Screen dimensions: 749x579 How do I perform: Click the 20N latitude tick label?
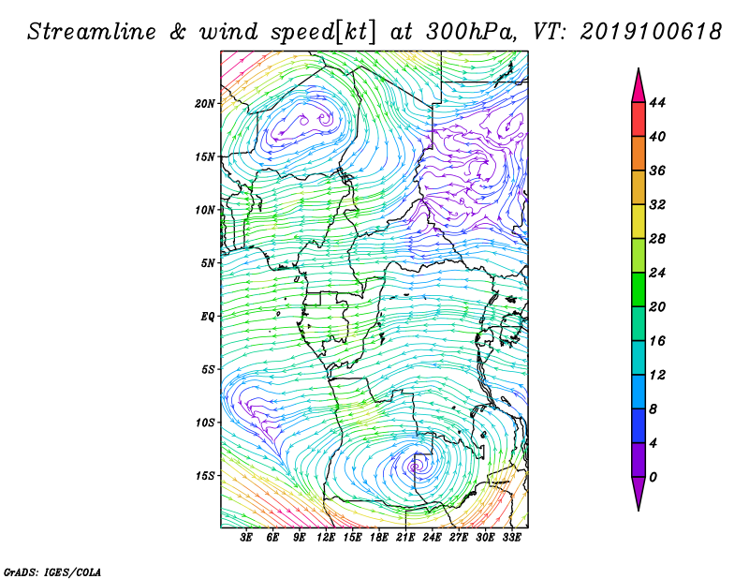pos(204,104)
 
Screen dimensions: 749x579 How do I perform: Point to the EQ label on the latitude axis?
pos(208,317)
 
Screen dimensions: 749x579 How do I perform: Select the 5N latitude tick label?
pos(208,263)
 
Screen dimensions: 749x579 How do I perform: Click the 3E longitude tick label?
pos(246,537)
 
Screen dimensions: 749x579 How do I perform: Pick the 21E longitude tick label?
pos(405,537)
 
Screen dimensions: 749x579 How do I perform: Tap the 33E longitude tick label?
pos(511,537)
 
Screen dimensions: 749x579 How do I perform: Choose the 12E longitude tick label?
pos(325,537)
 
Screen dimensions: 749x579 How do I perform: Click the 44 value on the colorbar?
pos(657,102)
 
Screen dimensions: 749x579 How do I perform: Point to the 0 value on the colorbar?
pos(654,477)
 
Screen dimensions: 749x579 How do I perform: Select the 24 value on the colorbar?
pos(657,273)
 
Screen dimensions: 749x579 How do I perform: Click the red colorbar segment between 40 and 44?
pos(639,120)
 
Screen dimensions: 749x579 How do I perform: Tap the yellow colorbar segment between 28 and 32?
pos(639,221)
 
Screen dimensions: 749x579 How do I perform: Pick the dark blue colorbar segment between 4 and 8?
pos(639,425)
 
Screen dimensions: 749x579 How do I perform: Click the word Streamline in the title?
pos(92,32)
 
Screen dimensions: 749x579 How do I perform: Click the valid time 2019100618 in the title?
pos(651,32)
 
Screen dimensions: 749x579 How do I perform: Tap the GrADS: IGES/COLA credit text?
pos(52,572)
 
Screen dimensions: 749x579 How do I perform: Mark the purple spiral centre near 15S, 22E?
pos(414,467)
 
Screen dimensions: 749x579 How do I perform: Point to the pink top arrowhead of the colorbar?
pos(639,85)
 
